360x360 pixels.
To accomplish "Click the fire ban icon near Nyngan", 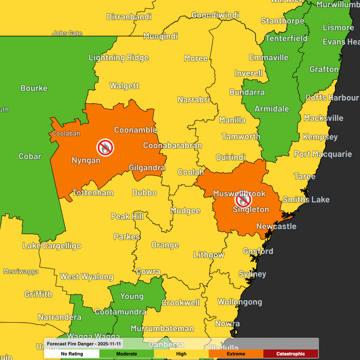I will click(105, 147).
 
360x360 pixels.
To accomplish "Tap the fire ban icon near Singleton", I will click(243, 199).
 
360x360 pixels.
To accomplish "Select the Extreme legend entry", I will click(236, 354).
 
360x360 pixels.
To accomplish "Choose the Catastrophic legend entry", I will click(290, 354).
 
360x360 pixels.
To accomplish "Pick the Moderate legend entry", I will click(126, 354).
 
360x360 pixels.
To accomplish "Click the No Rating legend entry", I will click(72, 354).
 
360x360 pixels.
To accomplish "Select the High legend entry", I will click(181, 354).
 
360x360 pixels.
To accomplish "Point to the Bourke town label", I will click(34, 88).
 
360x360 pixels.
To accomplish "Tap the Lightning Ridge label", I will click(118, 57).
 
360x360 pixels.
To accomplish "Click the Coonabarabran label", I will click(172, 145).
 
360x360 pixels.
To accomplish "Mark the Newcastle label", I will click(276, 226).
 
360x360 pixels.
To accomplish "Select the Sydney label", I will click(252, 274).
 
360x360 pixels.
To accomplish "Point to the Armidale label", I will click(272, 108).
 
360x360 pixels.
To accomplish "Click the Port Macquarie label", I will click(323, 154).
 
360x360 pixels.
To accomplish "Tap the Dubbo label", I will click(144, 193).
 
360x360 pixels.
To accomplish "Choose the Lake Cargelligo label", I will click(52, 246).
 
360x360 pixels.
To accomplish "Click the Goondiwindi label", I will click(215, 15).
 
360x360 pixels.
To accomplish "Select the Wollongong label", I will click(240, 302).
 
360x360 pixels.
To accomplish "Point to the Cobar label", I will click(30, 156).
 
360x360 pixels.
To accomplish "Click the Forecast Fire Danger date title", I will click(84, 343).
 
